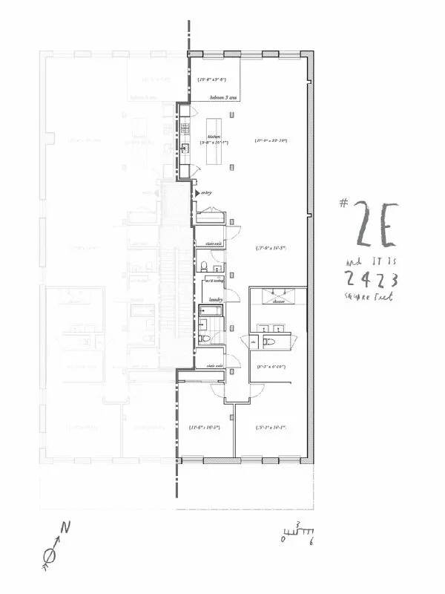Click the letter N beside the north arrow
tap(65, 528)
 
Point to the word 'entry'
tap(206, 193)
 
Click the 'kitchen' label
tap(214, 137)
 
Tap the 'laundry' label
tap(216, 299)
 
